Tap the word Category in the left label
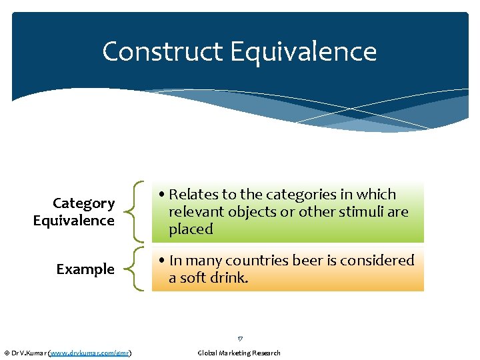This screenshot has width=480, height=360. point(84,203)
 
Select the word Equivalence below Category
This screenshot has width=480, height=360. point(74,221)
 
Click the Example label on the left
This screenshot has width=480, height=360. point(85,269)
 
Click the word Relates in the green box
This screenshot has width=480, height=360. point(193,195)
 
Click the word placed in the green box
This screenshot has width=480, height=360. point(191,229)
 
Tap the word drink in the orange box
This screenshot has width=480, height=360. point(229,278)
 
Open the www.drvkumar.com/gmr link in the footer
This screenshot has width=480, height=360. point(89,353)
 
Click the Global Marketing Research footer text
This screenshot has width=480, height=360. point(239,353)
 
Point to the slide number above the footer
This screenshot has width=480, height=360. point(240,339)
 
